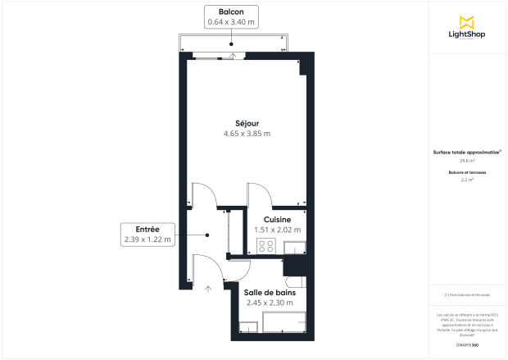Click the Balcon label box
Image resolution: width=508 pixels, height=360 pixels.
[x=230, y=16]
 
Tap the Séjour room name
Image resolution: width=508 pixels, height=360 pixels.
[x=247, y=123]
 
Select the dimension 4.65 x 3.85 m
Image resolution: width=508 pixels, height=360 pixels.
[x=247, y=134]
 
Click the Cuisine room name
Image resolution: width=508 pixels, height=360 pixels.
[x=277, y=220]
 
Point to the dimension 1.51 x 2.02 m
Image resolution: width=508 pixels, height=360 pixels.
[x=277, y=230]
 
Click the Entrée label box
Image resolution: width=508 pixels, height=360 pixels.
[x=148, y=235]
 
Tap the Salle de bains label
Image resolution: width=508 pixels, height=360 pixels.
[x=270, y=292]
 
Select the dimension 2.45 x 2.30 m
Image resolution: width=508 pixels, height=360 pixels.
[x=270, y=303]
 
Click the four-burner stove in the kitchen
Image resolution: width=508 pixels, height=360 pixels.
[x=265, y=245]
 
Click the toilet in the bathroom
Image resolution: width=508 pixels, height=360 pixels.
[x=301, y=282]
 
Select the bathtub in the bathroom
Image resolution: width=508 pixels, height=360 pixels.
[x=272, y=326]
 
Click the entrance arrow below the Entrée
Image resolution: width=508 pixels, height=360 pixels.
[x=208, y=288]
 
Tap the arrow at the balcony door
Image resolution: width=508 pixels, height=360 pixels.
[x=233, y=56]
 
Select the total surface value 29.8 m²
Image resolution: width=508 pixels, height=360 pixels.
[x=467, y=161]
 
